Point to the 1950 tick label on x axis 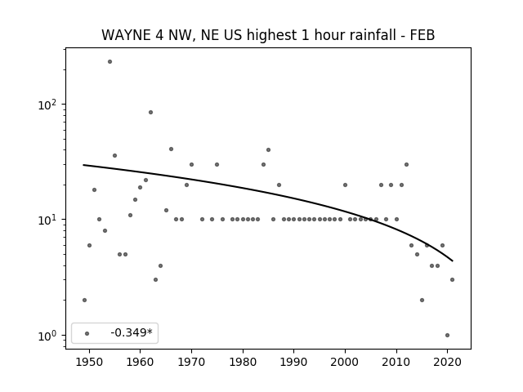point(89,362)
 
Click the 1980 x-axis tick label point(243,362)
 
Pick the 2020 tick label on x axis point(447,362)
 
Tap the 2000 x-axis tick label point(345,362)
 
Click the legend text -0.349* point(132,332)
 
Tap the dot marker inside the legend point(87,333)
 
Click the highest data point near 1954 point(110,62)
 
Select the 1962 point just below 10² point(150,113)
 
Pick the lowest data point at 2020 point(447,336)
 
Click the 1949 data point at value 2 point(84,300)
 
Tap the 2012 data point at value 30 point(406,165)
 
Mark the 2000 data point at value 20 point(345,185)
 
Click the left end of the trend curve point(83,165)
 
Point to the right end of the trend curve point(453,261)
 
